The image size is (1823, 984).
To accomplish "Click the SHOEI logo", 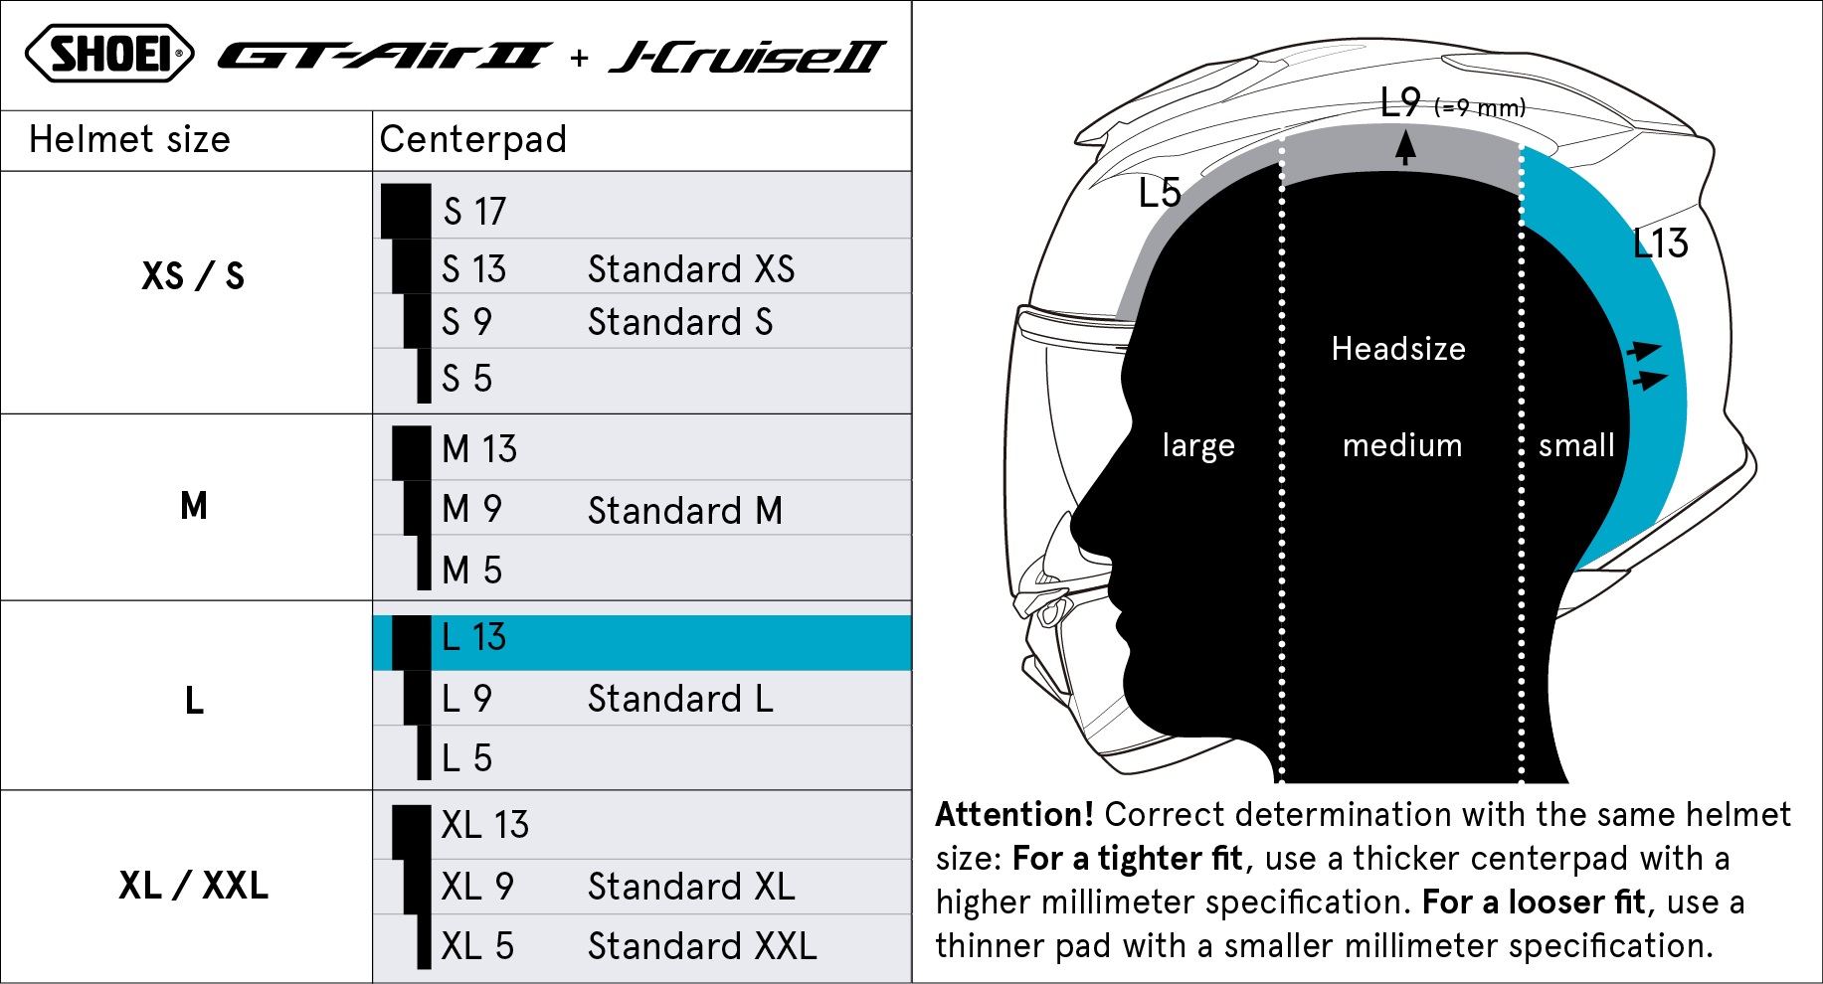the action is click(x=109, y=54).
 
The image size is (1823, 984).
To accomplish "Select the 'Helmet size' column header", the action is click(x=129, y=140).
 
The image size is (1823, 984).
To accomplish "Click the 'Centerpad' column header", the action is click(x=472, y=140).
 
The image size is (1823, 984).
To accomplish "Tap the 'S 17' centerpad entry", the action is click(x=474, y=211).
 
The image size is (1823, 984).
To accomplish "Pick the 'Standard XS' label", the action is click(x=691, y=269).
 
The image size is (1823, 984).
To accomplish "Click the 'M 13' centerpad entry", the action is click(x=479, y=449).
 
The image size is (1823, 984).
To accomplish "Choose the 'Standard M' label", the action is click(x=685, y=511).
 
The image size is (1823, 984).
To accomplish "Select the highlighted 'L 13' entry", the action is click(x=473, y=637).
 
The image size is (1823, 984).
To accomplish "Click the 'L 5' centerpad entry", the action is click(x=466, y=758).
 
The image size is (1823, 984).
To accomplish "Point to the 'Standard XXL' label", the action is click(x=702, y=946).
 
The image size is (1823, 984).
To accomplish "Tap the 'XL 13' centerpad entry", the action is click(x=485, y=825).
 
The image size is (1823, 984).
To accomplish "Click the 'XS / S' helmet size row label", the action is click(x=193, y=276).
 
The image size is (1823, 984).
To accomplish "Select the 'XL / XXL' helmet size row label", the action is click(x=193, y=886).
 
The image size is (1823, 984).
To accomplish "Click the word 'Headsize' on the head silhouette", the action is click(x=1398, y=349).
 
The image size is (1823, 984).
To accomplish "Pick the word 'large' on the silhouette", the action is click(x=1198, y=445).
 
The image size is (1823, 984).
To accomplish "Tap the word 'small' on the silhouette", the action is click(x=1576, y=445).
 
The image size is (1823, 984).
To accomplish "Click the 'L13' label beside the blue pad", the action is click(x=1661, y=244).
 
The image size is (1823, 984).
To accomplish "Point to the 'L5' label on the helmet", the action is click(x=1160, y=193).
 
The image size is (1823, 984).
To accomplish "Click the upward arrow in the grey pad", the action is click(x=1405, y=148).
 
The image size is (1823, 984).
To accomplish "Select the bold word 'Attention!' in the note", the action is click(x=1014, y=815).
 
